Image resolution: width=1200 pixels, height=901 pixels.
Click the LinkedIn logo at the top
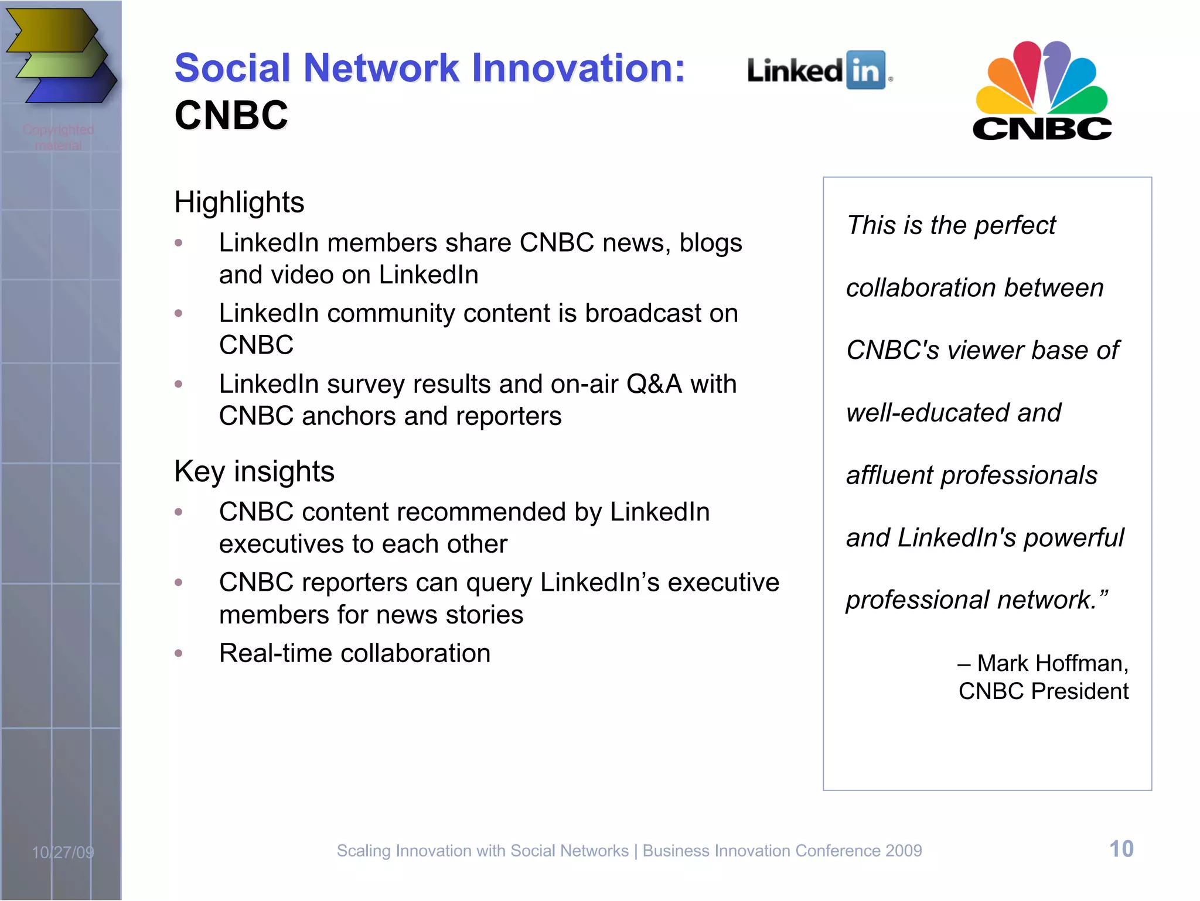[x=818, y=71]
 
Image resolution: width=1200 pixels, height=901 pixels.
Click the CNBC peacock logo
[x=1042, y=91]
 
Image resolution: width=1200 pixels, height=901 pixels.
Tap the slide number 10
[x=1121, y=849]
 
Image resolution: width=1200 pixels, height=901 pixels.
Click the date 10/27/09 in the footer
[x=63, y=852]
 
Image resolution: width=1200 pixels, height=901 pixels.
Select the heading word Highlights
[x=239, y=203]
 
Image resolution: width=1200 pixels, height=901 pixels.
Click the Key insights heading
[x=254, y=471]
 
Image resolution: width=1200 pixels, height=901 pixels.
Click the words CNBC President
[x=1043, y=691]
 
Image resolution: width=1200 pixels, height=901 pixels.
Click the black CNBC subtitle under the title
[x=231, y=115]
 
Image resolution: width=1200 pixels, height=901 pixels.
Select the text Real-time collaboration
[x=354, y=653]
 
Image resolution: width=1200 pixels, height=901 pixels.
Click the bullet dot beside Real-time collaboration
[x=179, y=653]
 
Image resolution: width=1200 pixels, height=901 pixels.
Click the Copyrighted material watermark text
[x=58, y=137]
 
